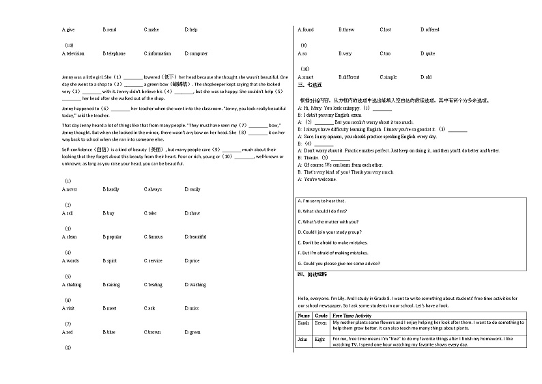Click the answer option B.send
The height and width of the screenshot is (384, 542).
(109, 30)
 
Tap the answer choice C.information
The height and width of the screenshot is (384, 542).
(157, 53)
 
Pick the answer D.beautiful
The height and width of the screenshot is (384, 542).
(195, 237)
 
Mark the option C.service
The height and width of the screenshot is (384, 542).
(153, 261)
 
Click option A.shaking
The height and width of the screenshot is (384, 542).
(71, 285)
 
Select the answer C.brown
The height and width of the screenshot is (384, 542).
(152, 333)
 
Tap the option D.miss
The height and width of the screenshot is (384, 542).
(192, 309)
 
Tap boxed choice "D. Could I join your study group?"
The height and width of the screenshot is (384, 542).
(332, 232)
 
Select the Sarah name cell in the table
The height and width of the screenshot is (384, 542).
(304, 323)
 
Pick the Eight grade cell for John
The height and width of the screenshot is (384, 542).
(320, 339)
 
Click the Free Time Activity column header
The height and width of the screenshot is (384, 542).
(352, 316)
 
